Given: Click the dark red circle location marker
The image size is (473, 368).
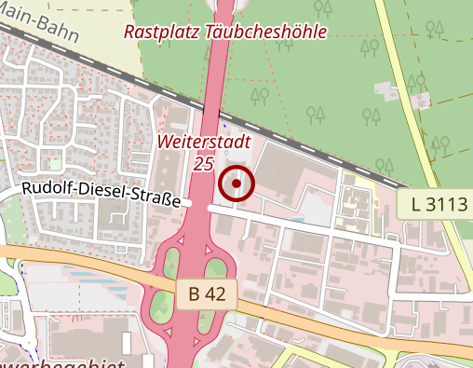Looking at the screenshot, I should [236, 184].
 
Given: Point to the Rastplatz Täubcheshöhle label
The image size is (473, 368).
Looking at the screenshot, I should [226, 33].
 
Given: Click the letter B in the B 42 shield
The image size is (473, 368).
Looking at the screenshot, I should [196, 294].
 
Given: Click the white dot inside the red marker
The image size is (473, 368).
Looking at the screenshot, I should [236, 184].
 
